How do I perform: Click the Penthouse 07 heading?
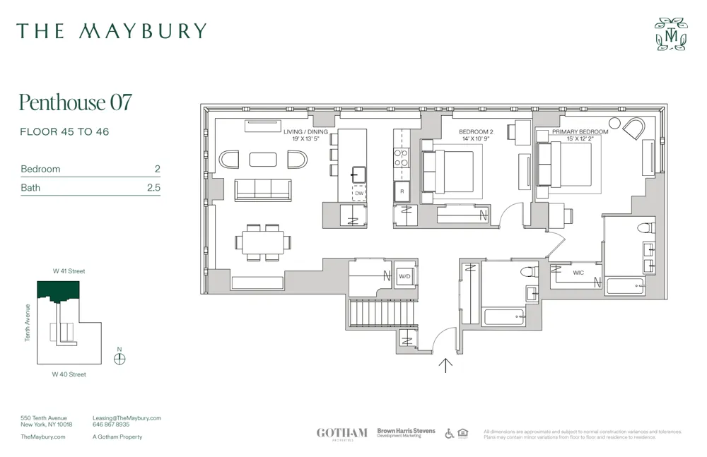click(x=75, y=102)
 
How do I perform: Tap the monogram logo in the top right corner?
click(x=670, y=34)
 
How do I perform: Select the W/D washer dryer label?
click(x=404, y=276)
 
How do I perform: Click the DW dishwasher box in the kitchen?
click(x=359, y=193)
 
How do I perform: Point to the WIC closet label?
click(x=578, y=272)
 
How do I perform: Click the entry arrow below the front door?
click(x=445, y=364)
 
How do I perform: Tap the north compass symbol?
click(x=119, y=358)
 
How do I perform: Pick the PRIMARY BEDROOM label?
click(x=580, y=131)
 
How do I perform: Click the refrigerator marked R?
click(x=401, y=191)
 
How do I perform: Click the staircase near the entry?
click(x=372, y=311)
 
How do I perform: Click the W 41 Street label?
click(x=69, y=271)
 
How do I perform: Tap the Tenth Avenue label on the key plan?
click(x=28, y=323)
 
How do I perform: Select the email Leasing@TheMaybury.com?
click(x=127, y=418)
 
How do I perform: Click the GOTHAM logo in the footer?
click(x=341, y=433)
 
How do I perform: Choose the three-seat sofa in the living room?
click(x=263, y=189)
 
